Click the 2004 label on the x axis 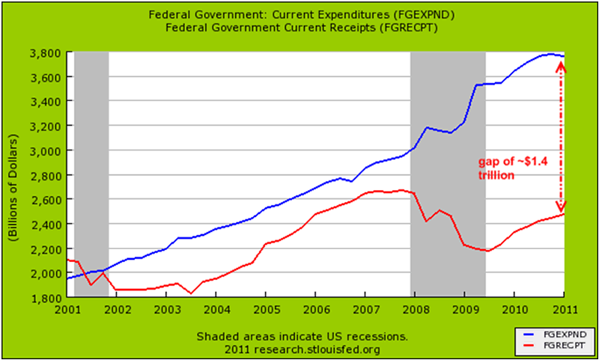pos(216,309)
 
